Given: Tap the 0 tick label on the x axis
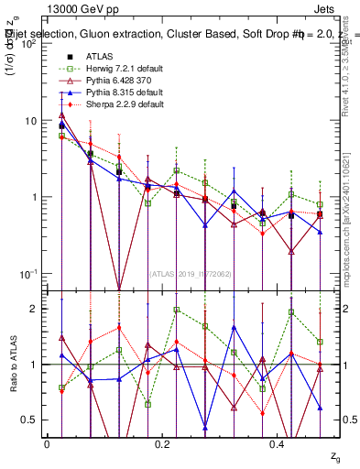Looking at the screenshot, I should [46, 442].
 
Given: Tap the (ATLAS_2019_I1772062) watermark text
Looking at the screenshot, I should [191, 272].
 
